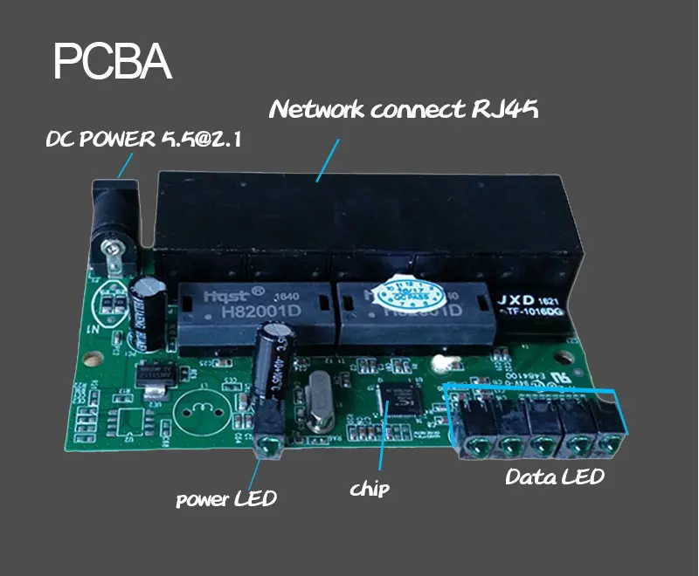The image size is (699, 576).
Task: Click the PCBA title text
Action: point(112,62)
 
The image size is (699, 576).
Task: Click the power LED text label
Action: point(225,499)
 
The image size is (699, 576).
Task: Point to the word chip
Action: point(370,487)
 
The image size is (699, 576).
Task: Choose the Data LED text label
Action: point(555,477)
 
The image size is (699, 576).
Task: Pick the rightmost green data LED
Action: point(605,445)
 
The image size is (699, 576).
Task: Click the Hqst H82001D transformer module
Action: point(253,311)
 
